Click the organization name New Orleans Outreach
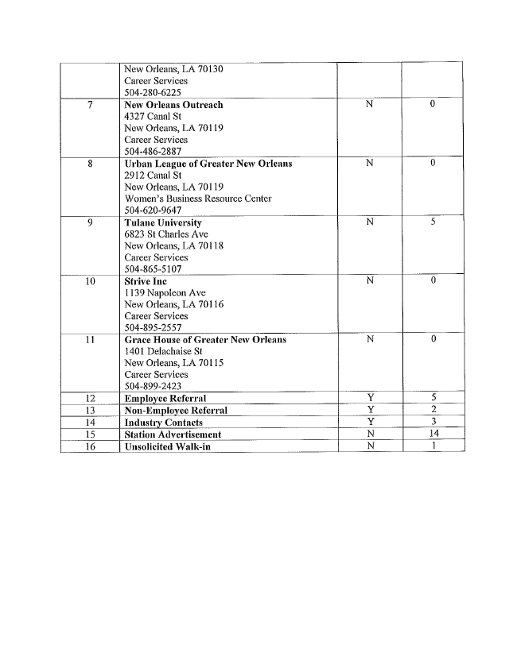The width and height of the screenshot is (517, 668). click(173, 105)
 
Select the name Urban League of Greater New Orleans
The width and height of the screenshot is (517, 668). click(208, 164)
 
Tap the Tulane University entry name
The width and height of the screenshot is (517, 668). click(163, 222)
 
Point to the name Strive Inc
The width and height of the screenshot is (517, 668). click(146, 281)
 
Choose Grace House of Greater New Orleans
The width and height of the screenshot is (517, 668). click(205, 340)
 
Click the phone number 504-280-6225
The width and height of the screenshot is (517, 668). click(153, 92)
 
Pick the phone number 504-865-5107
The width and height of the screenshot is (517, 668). click(153, 269)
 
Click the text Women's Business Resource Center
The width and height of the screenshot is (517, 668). click(198, 199)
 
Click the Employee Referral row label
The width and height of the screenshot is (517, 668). click(165, 398)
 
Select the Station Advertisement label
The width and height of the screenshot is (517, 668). click(173, 434)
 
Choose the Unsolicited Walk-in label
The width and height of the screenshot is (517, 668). click(167, 446)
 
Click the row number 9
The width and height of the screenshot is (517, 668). click(90, 222)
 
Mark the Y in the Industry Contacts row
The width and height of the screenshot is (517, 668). click(370, 422)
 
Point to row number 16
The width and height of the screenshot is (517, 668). click(90, 446)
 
